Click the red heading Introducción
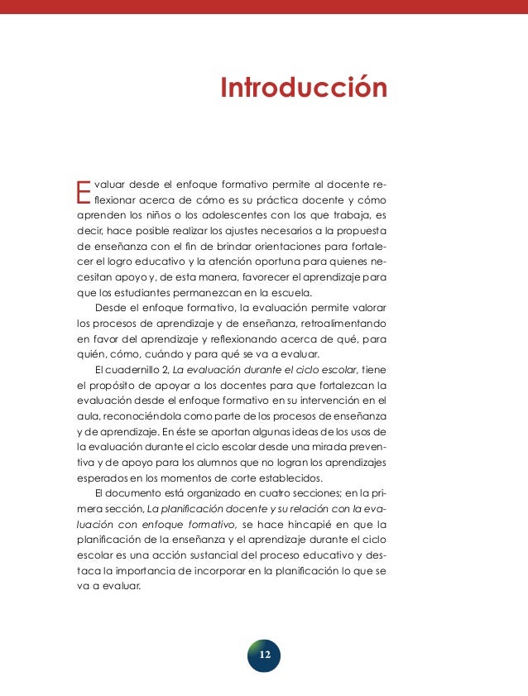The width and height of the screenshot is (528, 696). point(304,89)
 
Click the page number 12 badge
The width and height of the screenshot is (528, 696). point(264,655)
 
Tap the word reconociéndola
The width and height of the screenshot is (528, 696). point(133,418)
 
